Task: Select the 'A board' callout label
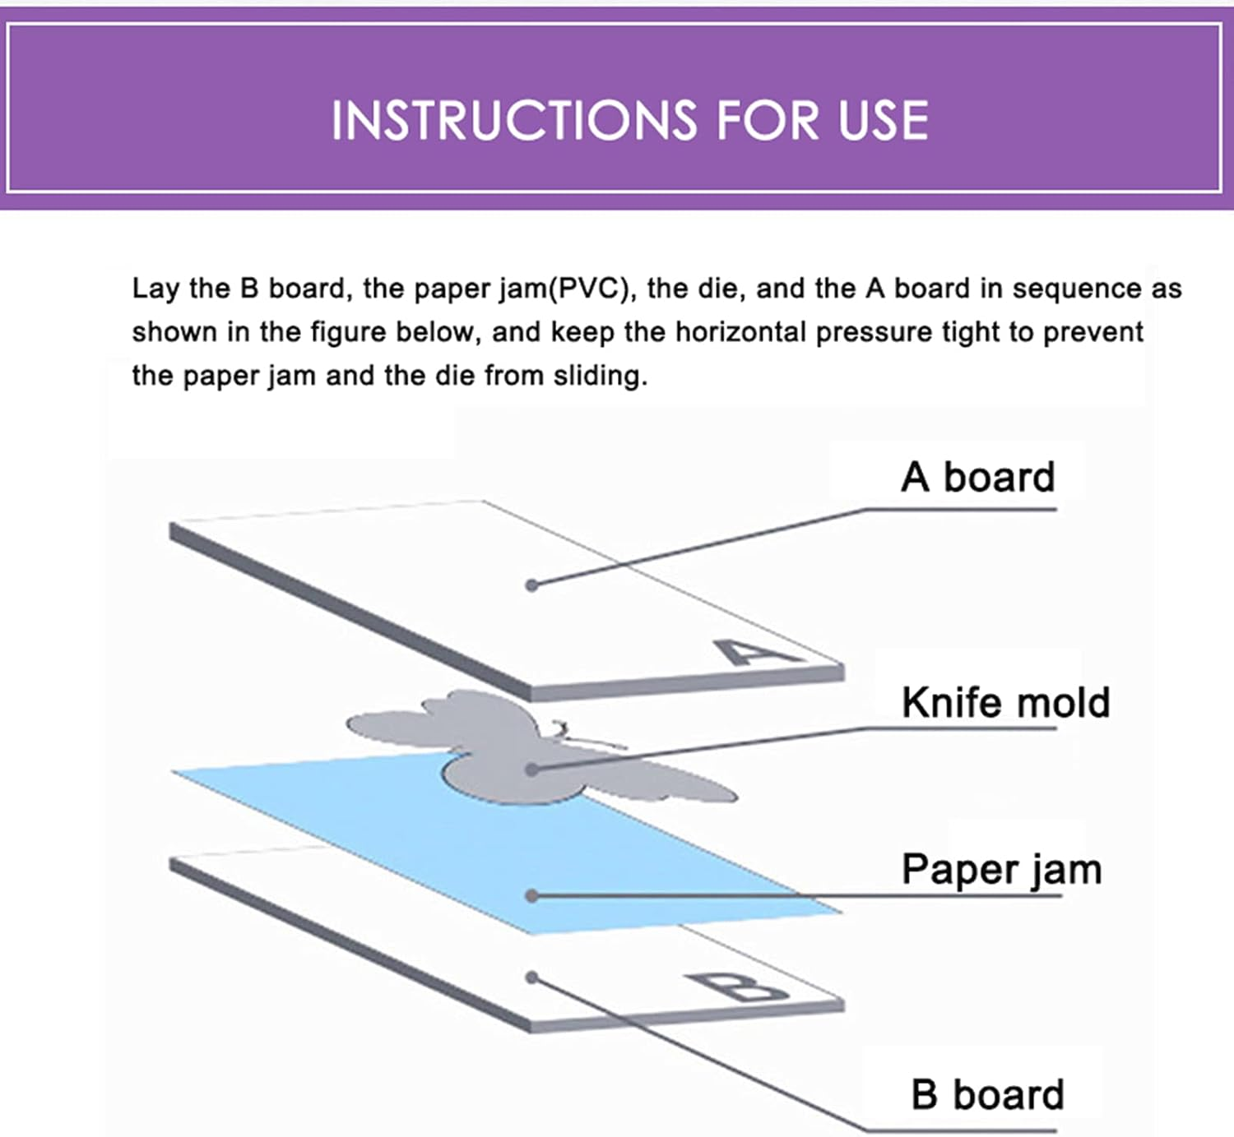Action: tap(977, 478)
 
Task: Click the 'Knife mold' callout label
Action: tap(1005, 703)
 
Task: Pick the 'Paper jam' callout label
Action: tap(1001, 870)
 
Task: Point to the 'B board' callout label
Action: tap(987, 1095)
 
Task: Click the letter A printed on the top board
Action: tap(755, 653)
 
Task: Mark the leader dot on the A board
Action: tap(532, 585)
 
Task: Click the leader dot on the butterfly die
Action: tap(532, 770)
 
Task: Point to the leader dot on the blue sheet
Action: tap(532, 895)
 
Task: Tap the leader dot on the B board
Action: tap(532, 978)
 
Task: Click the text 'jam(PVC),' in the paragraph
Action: tap(568, 289)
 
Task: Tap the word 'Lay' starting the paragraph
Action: tap(155, 289)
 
